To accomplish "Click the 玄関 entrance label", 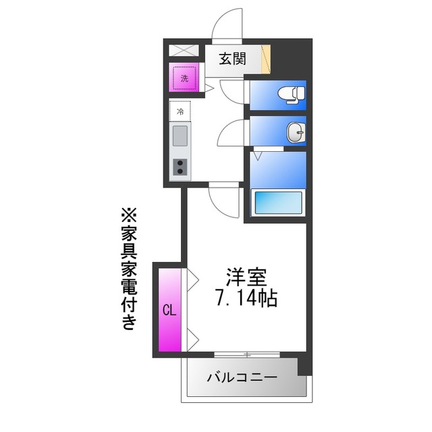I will coord(232,59).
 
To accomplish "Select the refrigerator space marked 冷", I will coord(180,110).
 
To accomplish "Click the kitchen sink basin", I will coord(180,136).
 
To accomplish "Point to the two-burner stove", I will coord(180,166).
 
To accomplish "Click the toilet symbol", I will coord(292,94).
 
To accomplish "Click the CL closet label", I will coord(169,310).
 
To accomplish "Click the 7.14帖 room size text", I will coord(246,298).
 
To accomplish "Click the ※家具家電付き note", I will coord(128,270).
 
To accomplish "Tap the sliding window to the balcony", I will coord(247,354).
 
